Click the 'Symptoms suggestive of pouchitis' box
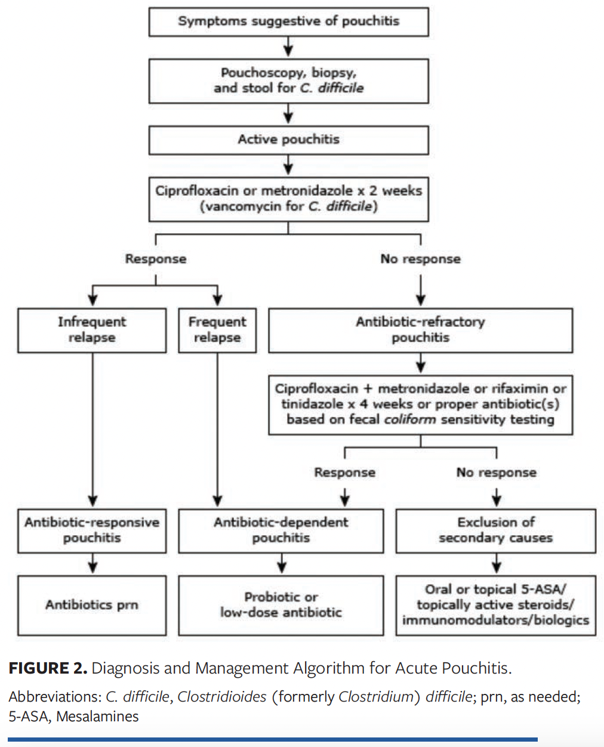pos(288,21)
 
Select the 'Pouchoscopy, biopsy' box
pos(288,81)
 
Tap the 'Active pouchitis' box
pos(288,140)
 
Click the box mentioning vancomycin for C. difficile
pos(288,199)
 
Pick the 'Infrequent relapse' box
pos(92,330)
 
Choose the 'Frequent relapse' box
pos(217,330)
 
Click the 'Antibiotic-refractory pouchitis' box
pos(420,330)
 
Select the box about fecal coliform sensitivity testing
pos(420,405)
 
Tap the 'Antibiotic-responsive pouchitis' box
pos(92,530)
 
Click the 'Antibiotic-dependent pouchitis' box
pos(281,530)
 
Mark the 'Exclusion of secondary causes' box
pos(495,530)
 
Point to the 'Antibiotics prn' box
pos(92,605)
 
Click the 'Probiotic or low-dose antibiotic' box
pos(281,605)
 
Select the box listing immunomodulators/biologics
pos(495,605)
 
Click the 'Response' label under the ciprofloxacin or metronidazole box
pos(156,259)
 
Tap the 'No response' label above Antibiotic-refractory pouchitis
pos(420,259)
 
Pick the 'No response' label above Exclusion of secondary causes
pos(496,473)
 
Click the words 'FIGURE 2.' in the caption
pos(48,668)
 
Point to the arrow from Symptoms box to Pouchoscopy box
pos(288,47)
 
